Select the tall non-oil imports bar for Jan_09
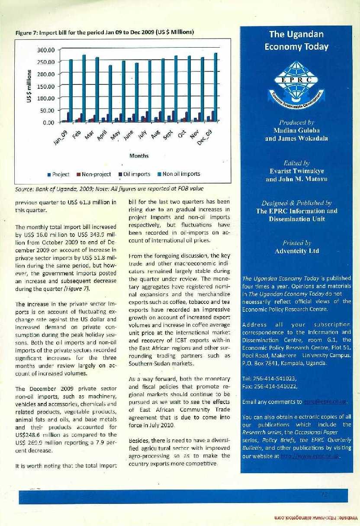click(x=71, y=90)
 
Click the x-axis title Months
click(x=138, y=155)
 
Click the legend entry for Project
click(x=58, y=174)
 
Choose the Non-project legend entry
click(x=93, y=174)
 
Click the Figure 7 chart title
click(x=104, y=32)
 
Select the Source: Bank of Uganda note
click(x=109, y=189)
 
